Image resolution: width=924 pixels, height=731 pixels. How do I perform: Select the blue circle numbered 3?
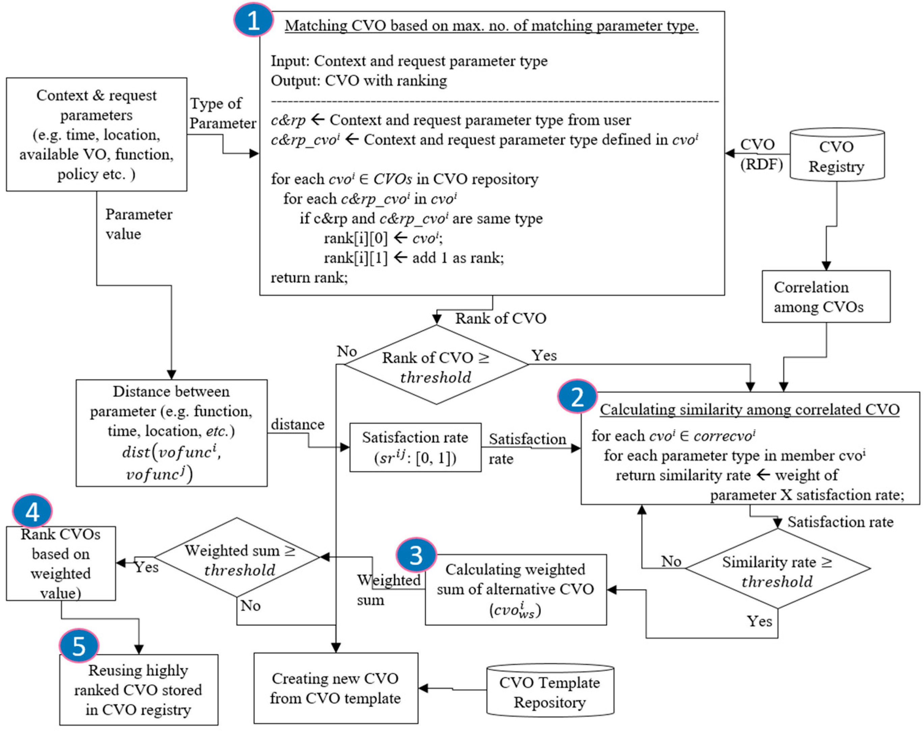(x=416, y=555)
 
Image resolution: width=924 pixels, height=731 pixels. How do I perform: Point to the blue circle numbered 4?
(x=32, y=511)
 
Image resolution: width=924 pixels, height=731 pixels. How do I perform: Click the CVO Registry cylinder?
(x=837, y=154)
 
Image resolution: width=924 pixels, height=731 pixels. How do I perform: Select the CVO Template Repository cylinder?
(x=550, y=690)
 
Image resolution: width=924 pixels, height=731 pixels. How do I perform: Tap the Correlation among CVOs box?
(x=826, y=297)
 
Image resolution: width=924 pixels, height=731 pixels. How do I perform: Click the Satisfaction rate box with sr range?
(x=415, y=448)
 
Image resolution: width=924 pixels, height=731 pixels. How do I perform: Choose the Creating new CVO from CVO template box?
(x=336, y=688)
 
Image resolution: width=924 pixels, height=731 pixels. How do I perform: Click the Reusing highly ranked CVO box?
(x=139, y=690)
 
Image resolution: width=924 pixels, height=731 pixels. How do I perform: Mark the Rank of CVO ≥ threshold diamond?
(x=436, y=365)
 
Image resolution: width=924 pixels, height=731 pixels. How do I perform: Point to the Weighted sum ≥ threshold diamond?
(x=237, y=557)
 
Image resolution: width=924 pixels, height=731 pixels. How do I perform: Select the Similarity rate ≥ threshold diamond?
(x=778, y=569)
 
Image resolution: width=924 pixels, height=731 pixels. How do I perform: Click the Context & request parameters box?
(x=96, y=134)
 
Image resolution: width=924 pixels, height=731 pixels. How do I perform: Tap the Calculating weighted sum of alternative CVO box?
(x=516, y=590)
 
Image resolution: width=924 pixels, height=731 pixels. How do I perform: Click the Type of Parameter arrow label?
(x=223, y=113)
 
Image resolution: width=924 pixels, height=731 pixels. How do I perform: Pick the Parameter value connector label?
(x=139, y=224)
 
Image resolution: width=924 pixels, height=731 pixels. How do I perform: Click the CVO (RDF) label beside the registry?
(x=761, y=154)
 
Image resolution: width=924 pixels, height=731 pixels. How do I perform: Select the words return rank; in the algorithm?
(x=309, y=277)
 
